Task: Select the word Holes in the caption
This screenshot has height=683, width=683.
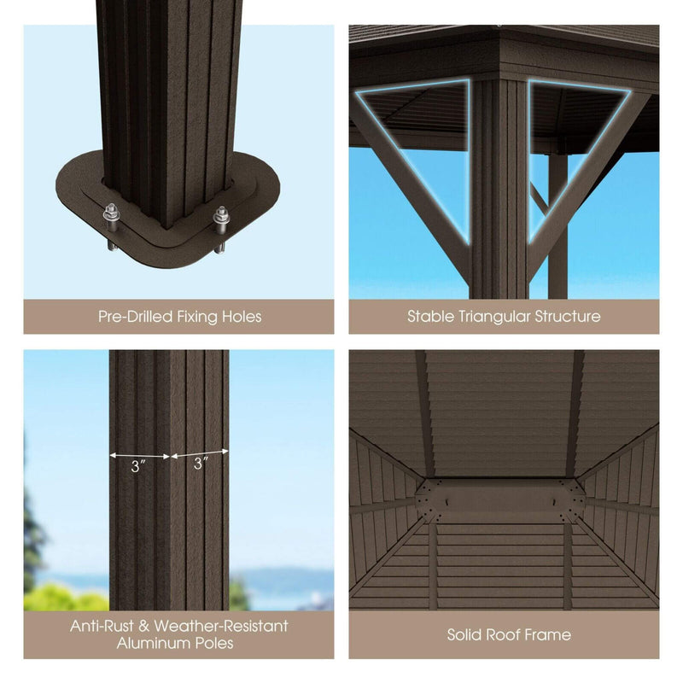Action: click(x=240, y=317)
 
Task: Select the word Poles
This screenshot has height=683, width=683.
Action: click(x=214, y=643)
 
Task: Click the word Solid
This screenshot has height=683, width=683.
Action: click(x=466, y=634)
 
